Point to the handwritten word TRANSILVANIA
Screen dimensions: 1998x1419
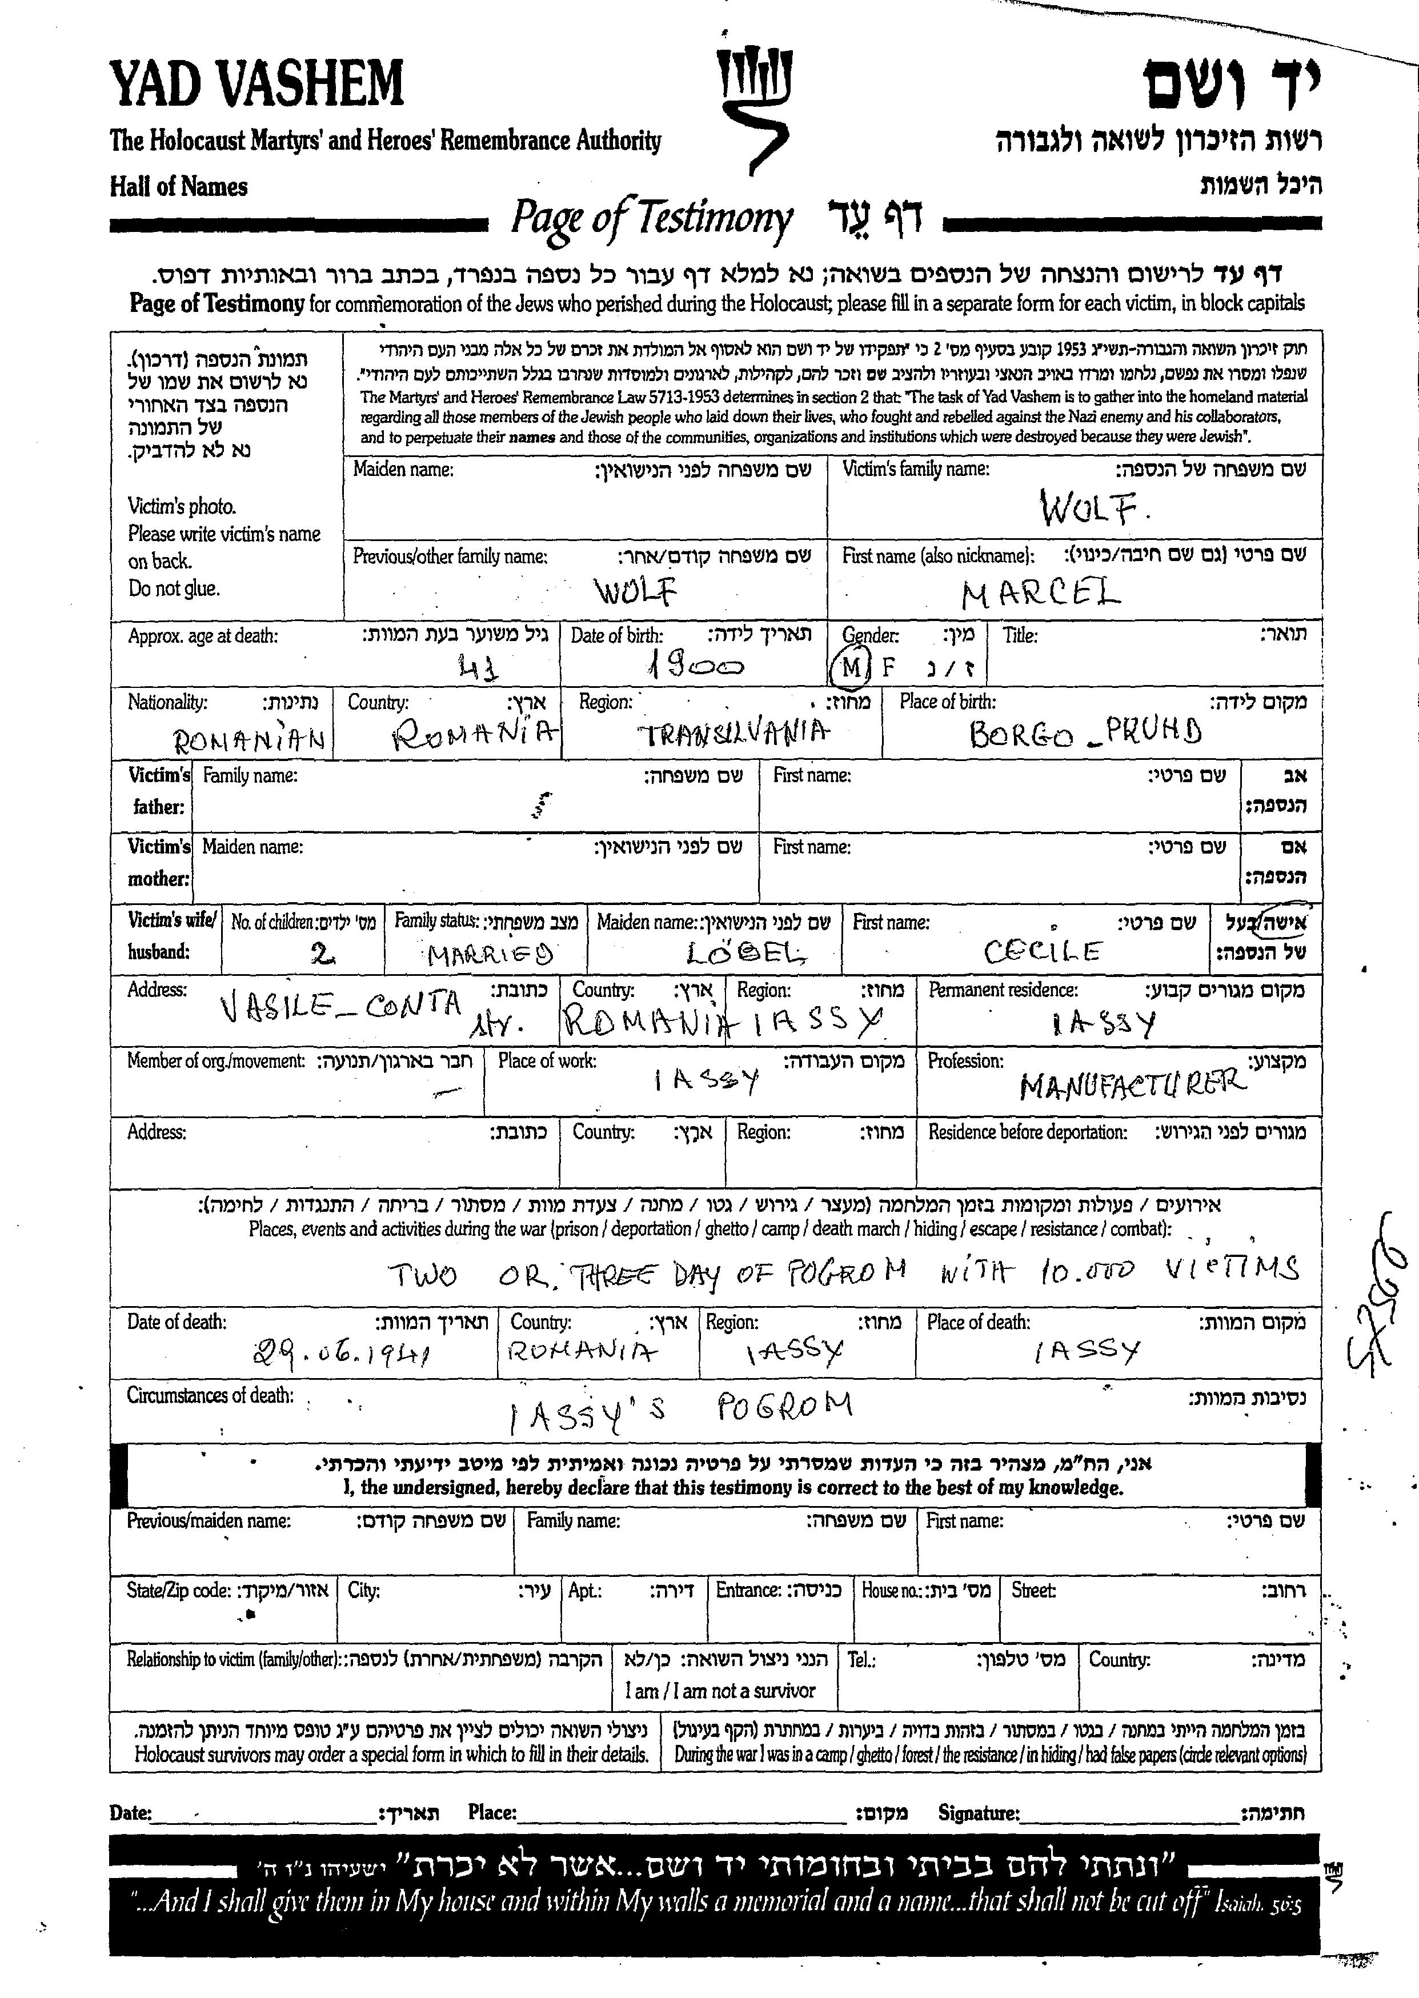(735, 732)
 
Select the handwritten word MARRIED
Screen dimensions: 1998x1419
(490, 954)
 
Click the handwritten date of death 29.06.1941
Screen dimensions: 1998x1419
(342, 1355)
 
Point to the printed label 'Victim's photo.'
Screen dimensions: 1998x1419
(182, 506)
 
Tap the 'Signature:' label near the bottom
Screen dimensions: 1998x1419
(978, 1813)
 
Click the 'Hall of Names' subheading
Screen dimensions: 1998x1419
(178, 186)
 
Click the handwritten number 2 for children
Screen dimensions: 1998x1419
(322, 954)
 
